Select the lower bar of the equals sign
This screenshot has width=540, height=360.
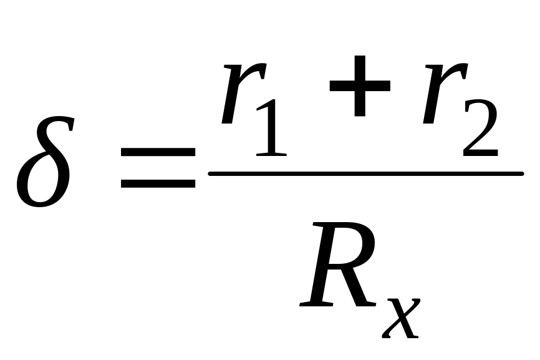pyautogui.click(x=158, y=184)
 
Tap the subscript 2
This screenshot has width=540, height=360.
pyautogui.click(x=480, y=130)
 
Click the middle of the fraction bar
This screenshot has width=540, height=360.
pyautogui.click(x=365, y=174)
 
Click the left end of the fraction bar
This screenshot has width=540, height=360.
pyautogui.click(x=211, y=174)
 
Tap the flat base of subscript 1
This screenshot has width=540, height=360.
pyautogui.click(x=270, y=153)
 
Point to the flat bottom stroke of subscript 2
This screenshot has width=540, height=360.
pyautogui.click(x=480, y=152)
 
